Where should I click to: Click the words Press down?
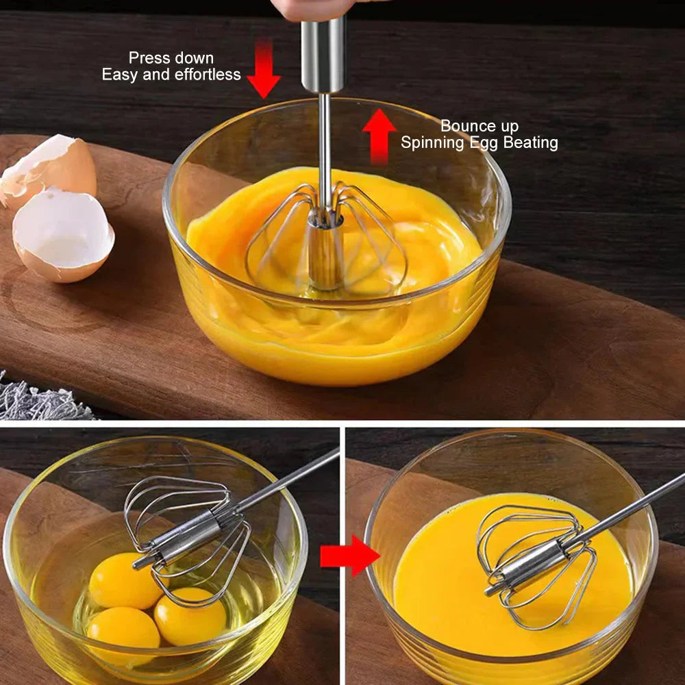pyautogui.click(x=171, y=58)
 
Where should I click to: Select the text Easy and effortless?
pyautogui.click(x=171, y=75)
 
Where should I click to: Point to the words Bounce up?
pyautogui.click(x=480, y=126)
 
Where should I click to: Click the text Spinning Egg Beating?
pyautogui.click(x=480, y=142)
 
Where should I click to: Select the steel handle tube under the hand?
pyautogui.click(x=323, y=55)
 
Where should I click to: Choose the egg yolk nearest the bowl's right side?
pyautogui.click(x=190, y=615)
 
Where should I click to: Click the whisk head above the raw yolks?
pyautogui.click(x=188, y=527)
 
